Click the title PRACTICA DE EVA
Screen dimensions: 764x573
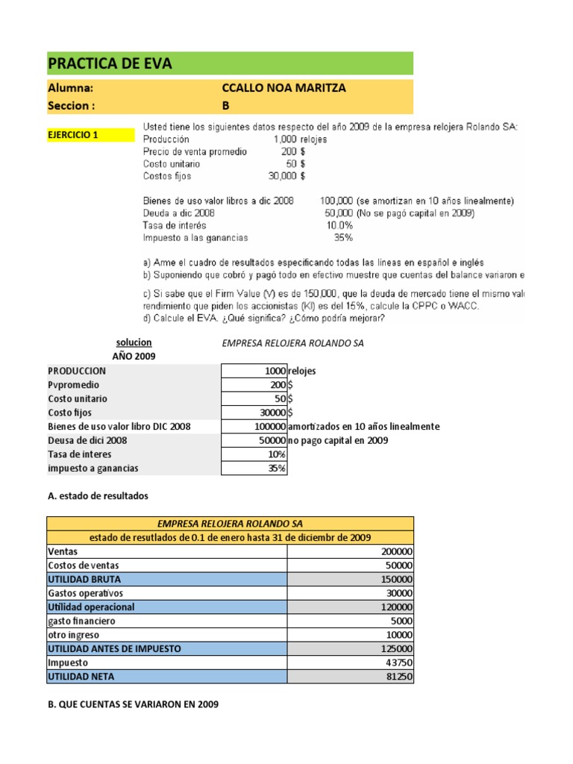click(110, 63)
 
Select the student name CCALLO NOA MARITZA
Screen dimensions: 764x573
click(284, 88)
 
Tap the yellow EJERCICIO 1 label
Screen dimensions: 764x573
click(73, 135)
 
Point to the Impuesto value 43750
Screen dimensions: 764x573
click(399, 662)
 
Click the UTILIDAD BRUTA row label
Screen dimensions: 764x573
click(84, 579)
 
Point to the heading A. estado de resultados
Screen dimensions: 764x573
click(98, 495)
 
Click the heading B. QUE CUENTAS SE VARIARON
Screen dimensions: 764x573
click(133, 704)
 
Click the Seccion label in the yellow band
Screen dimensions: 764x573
click(71, 105)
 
